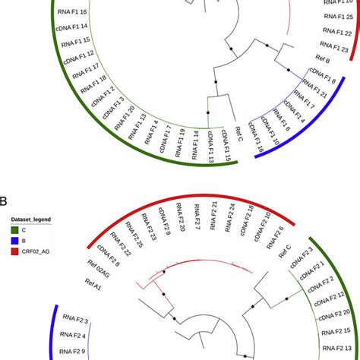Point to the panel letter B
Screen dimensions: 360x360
[5, 202]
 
